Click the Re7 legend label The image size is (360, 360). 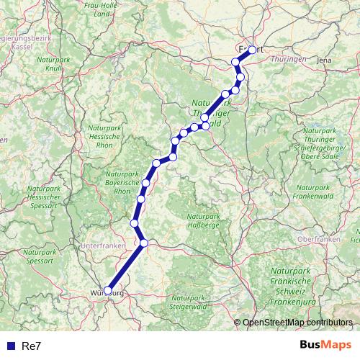tap(31, 346)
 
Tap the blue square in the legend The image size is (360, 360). tap(10, 346)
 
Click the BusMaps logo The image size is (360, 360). tap(326, 346)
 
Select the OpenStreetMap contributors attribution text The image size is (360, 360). tap(297, 323)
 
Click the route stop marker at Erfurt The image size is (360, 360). tap(252, 50)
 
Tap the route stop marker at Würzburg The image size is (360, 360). tap(109, 291)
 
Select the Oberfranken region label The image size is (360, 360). tap(318, 239)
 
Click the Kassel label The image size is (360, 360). tap(14, 45)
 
